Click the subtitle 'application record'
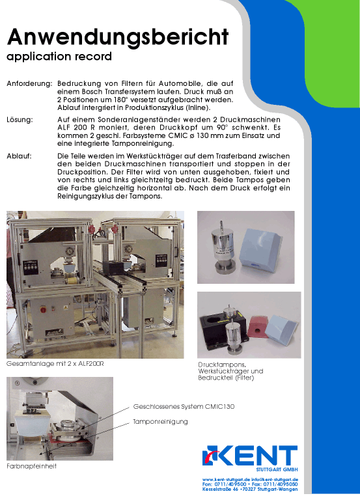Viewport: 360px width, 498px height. click(59, 57)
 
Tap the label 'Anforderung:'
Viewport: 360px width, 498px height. click(29, 84)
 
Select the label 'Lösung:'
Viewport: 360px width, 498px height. click(20, 120)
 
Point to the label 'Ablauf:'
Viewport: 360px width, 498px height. click(19, 156)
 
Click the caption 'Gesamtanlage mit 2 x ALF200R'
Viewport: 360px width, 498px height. click(55, 364)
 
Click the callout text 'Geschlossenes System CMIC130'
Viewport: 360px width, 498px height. click(184, 406)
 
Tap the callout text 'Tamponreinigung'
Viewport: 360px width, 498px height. click(160, 422)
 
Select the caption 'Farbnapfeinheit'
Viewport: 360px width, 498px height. click(31, 466)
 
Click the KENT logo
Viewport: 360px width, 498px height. click(250, 456)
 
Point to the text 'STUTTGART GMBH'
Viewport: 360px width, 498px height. click(277, 469)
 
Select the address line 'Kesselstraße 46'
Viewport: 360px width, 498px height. click(220, 490)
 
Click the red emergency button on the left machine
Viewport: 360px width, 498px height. click(43, 310)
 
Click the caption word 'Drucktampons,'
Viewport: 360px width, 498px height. click(222, 365)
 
